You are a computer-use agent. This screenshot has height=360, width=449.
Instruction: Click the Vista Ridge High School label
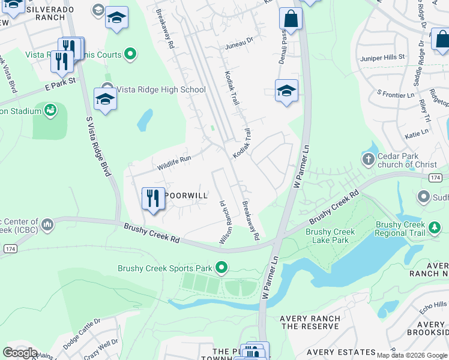[x=160, y=90]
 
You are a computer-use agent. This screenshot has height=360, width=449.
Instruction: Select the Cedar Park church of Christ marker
[x=368, y=160]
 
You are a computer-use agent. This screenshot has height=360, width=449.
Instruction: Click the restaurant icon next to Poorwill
[x=153, y=199]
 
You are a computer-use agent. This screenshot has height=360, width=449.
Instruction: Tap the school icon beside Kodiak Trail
[x=286, y=91]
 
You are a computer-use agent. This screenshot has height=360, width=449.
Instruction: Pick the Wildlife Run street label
[x=173, y=163]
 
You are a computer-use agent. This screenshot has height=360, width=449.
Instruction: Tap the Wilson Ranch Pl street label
[x=224, y=222]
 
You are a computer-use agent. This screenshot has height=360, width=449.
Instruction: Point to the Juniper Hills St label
[x=383, y=56]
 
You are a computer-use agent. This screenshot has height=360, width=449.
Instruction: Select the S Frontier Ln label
[x=396, y=94]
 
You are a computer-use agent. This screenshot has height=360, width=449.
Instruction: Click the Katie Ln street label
[x=417, y=132]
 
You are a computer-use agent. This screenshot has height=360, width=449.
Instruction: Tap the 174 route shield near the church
[x=435, y=178]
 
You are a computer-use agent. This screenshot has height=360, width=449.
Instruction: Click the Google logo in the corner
[x=20, y=353]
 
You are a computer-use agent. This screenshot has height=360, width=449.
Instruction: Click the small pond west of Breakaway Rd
[x=145, y=121]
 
